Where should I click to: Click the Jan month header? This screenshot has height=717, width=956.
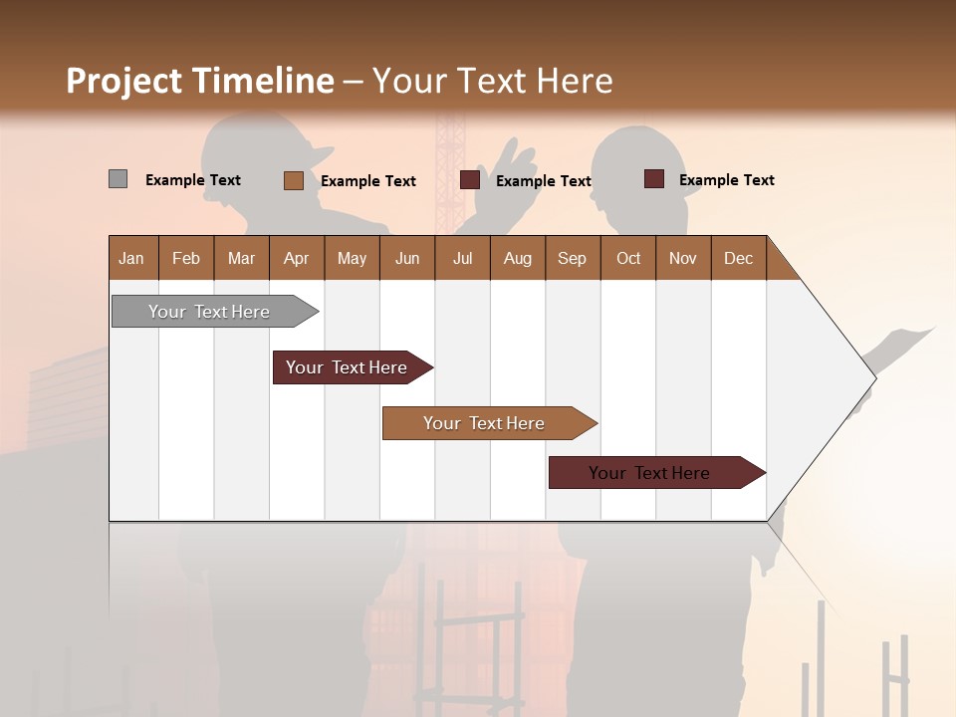(x=131, y=258)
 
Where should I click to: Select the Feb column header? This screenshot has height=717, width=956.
(x=186, y=258)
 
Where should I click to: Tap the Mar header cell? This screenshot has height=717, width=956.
(x=241, y=258)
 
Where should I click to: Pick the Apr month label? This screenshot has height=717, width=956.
(x=296, y=258)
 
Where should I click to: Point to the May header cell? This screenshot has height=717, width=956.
(x=352, y=258)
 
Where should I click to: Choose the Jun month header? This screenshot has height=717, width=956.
(x=407, y=258)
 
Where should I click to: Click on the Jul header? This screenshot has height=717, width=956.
(x=462, y=258)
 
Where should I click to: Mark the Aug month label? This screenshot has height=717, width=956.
(x=518, y=258)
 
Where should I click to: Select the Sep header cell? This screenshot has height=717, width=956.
(x=573, y=258)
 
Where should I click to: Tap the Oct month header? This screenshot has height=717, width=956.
(x=628, y=258)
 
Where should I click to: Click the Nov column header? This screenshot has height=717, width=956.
(x=683, y=258)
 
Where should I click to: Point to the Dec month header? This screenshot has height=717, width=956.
(x=739, y=258)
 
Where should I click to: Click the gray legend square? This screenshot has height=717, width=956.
(x=118, y=179)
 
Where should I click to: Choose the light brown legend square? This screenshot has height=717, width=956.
(x=293, y=180)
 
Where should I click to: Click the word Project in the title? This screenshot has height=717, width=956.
(x=124, y=81)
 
